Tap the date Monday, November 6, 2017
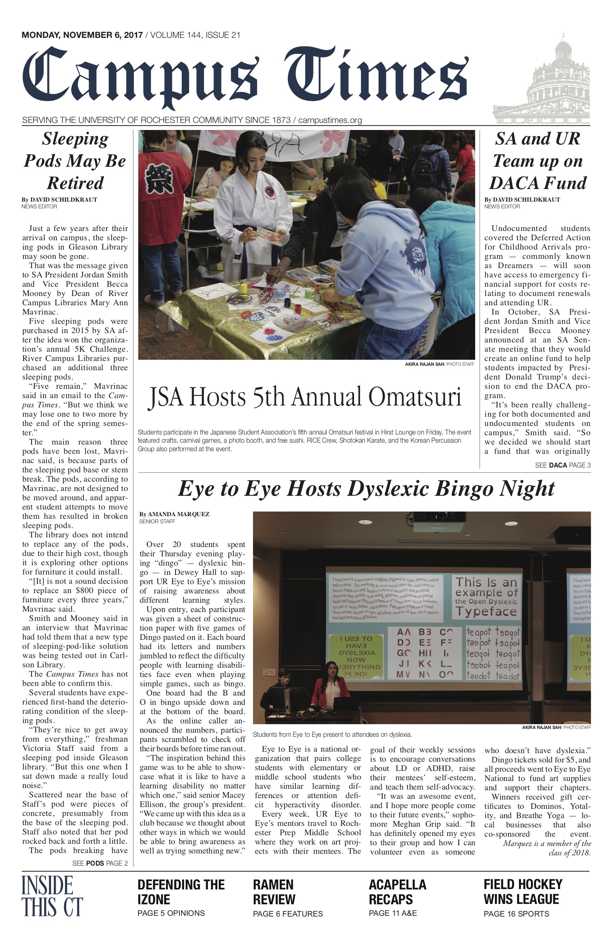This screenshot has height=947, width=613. (x=82, y=35)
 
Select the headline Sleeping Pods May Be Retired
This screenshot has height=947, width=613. (x=75, y=161)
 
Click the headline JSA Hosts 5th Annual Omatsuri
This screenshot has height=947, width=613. (x=305, y=397)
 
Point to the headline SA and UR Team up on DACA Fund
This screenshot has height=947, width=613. (x=537, y=161)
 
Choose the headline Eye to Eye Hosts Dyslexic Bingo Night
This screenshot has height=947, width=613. (x=366, y=489)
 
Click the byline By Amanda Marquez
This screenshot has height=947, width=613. (x=174, y=514)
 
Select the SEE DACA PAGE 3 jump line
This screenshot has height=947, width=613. (x=562, y=465)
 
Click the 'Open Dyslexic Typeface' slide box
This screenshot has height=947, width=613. (x=486, y=597)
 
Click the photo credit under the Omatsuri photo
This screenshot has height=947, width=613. (x=439, y=364)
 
